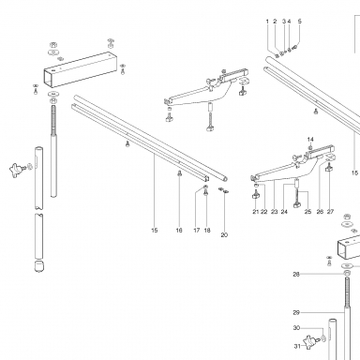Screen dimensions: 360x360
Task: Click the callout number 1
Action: pos(267,22)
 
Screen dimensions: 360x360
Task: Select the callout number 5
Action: pos(300,22)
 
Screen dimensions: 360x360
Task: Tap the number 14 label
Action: pos(310,140)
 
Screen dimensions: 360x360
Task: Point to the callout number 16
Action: pos(179,231)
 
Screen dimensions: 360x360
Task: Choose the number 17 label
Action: pos(196,231)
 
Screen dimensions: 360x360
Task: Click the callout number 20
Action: pos(224,235)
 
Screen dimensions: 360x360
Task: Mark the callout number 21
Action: pos(256,212)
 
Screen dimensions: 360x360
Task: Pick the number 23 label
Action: pos(274,212)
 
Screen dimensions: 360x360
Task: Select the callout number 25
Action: pos(307,212)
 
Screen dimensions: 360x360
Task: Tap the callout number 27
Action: pos(330,212)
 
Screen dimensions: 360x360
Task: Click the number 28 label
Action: pos(296,275)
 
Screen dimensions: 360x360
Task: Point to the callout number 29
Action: pos(296,312)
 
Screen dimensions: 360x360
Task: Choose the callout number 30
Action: pos(296,328)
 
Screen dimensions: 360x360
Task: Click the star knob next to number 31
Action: pos(310,340)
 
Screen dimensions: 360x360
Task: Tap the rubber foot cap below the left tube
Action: pos(38,266)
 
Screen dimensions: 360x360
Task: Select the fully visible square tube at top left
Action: pos(81,69)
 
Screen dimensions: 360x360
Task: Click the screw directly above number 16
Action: pos(179,173)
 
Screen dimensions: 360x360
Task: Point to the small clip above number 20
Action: pos(224,190)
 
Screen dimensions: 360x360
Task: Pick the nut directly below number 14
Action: pos(310,147)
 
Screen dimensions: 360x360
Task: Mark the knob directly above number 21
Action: pos(256,195)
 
